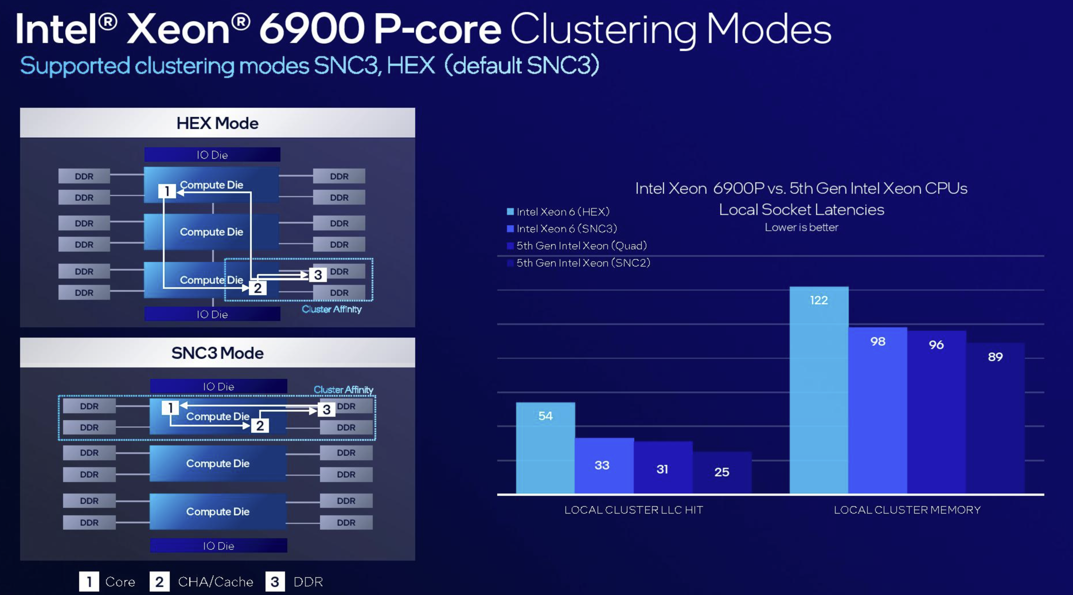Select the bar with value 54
coord(545,448)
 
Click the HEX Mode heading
coord(217,123)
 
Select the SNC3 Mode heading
coord(217,353)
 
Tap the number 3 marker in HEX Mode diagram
coord(318,275)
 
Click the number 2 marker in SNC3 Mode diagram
coord(260,426)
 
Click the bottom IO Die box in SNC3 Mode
coord(218,545)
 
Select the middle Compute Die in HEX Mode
coord(211,232)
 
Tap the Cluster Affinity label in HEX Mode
coord(331,309)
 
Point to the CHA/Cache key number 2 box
coord(159,582)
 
